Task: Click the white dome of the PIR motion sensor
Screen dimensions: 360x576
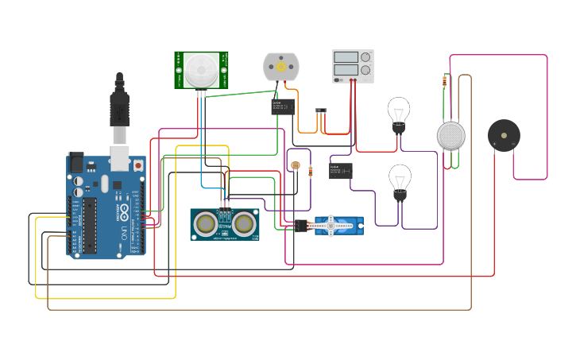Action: click(x=201, y=69)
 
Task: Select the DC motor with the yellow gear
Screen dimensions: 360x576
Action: click(x=280, y=67)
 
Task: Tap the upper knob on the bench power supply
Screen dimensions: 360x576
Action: click(x=365, y=57)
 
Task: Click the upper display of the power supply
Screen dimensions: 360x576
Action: click(x=346, y=57)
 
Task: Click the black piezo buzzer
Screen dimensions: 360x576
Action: click(x=504, y=136)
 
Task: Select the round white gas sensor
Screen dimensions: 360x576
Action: click(x=450, y=135)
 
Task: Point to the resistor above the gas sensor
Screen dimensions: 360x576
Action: click(x=444, y=81)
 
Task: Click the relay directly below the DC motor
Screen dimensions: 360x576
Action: click(x=282, y=106)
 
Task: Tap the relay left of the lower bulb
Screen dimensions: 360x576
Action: click(x=341, y=170)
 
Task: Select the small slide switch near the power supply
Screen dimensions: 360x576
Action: click(x=321, y=110)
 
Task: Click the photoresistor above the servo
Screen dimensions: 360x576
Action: click(x=296, y=166)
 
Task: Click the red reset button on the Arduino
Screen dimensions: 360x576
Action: click(x=138, y=165)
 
